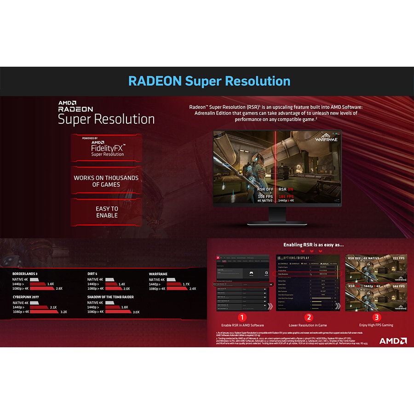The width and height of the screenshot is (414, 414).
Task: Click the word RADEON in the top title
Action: coord(155,81)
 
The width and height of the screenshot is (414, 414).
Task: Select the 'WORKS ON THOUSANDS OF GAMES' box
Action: coord(106,181)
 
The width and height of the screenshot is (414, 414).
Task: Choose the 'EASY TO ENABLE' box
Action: coord(107,212)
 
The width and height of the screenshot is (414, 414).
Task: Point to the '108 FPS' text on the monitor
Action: coord(265,196)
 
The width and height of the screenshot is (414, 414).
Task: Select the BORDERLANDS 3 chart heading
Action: coord(25,274)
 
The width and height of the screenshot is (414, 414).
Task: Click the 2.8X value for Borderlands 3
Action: coord(59,288)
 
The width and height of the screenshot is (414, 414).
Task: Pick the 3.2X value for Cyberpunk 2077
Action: coord(63,312)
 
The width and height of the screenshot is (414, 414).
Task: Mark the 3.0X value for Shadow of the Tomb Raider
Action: coord(136,312)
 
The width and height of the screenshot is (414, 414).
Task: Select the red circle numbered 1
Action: coord(242,317)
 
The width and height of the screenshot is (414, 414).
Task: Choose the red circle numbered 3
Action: coord(377,317)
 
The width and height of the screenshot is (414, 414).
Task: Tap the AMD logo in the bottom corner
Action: coord(392,341)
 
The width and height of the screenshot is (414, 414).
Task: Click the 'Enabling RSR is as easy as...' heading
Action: coord(313,245)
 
